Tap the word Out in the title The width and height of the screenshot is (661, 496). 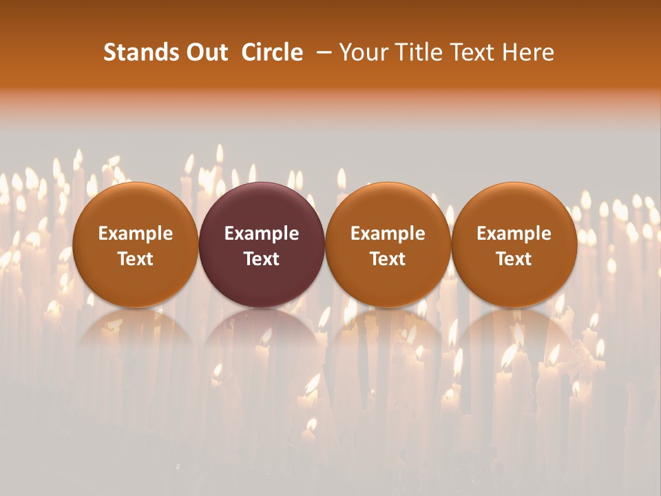click(x=206, y=52)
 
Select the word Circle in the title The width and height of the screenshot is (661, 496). click(x=272, y=52)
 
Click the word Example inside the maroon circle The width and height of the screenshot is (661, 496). click(x=262, y=234)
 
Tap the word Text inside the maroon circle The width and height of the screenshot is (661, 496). click(x=262, y=259)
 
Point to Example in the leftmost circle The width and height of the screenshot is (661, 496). click(x=135, y=234)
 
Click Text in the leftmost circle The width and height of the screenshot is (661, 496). click(x=135, y=259)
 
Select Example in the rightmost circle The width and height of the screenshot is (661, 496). click(x=514, y=234)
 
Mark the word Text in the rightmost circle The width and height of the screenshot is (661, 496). click(x=514, y=259)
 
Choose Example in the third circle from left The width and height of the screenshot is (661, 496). click(x=388, y=234)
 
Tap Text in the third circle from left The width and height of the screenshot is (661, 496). click(x=388, y=259)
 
